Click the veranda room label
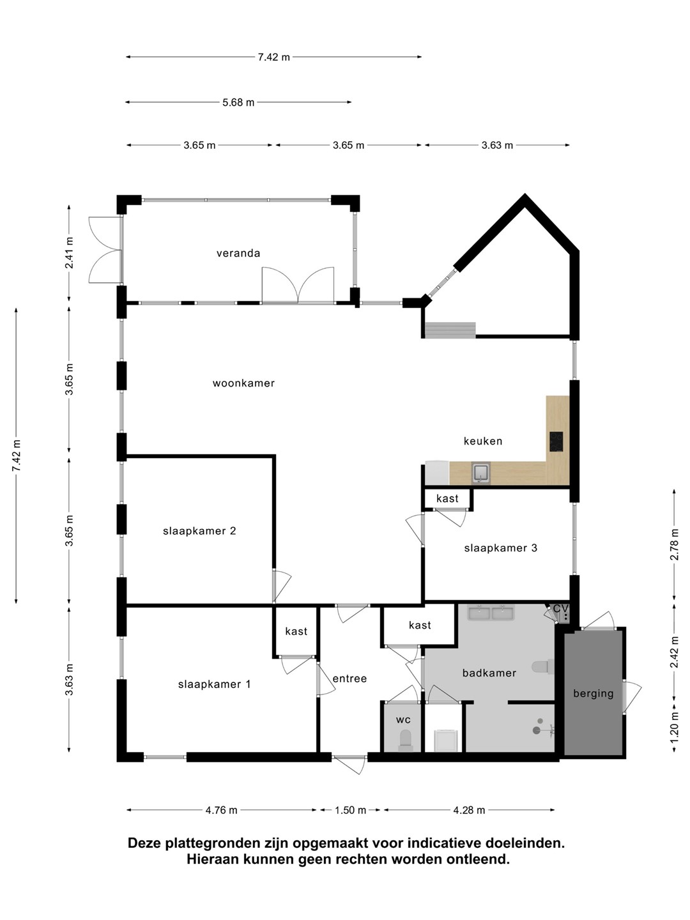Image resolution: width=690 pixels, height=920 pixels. [238, 253]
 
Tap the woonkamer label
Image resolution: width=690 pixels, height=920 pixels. [243, 383]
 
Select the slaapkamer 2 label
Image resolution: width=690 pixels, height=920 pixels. [199, 531]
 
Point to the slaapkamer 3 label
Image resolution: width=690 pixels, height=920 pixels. [501, 548]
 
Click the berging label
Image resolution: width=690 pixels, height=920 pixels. [594, 693]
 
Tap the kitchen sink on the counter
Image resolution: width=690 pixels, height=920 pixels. [481, 473]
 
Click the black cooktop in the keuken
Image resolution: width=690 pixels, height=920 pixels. [556, 441]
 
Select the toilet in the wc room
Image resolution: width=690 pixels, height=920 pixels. [405, 741]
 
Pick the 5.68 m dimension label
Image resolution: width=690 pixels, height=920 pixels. [238, 102]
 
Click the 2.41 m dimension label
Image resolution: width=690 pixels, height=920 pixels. [69, 253]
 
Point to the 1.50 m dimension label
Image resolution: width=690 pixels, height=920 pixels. [350, 810]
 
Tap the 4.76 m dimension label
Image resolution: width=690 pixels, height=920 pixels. [221, 810]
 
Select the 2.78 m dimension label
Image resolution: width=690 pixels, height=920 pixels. [674, 544]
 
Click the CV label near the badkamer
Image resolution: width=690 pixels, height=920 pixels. [561, 608]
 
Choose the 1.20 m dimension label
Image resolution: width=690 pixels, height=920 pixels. [674, 728]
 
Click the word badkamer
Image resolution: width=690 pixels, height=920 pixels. [489, 673]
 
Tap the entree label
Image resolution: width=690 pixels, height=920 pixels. [350, 678]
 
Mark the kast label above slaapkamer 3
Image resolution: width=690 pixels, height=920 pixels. [447, 498]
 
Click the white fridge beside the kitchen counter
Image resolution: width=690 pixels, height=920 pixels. [438, 473]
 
